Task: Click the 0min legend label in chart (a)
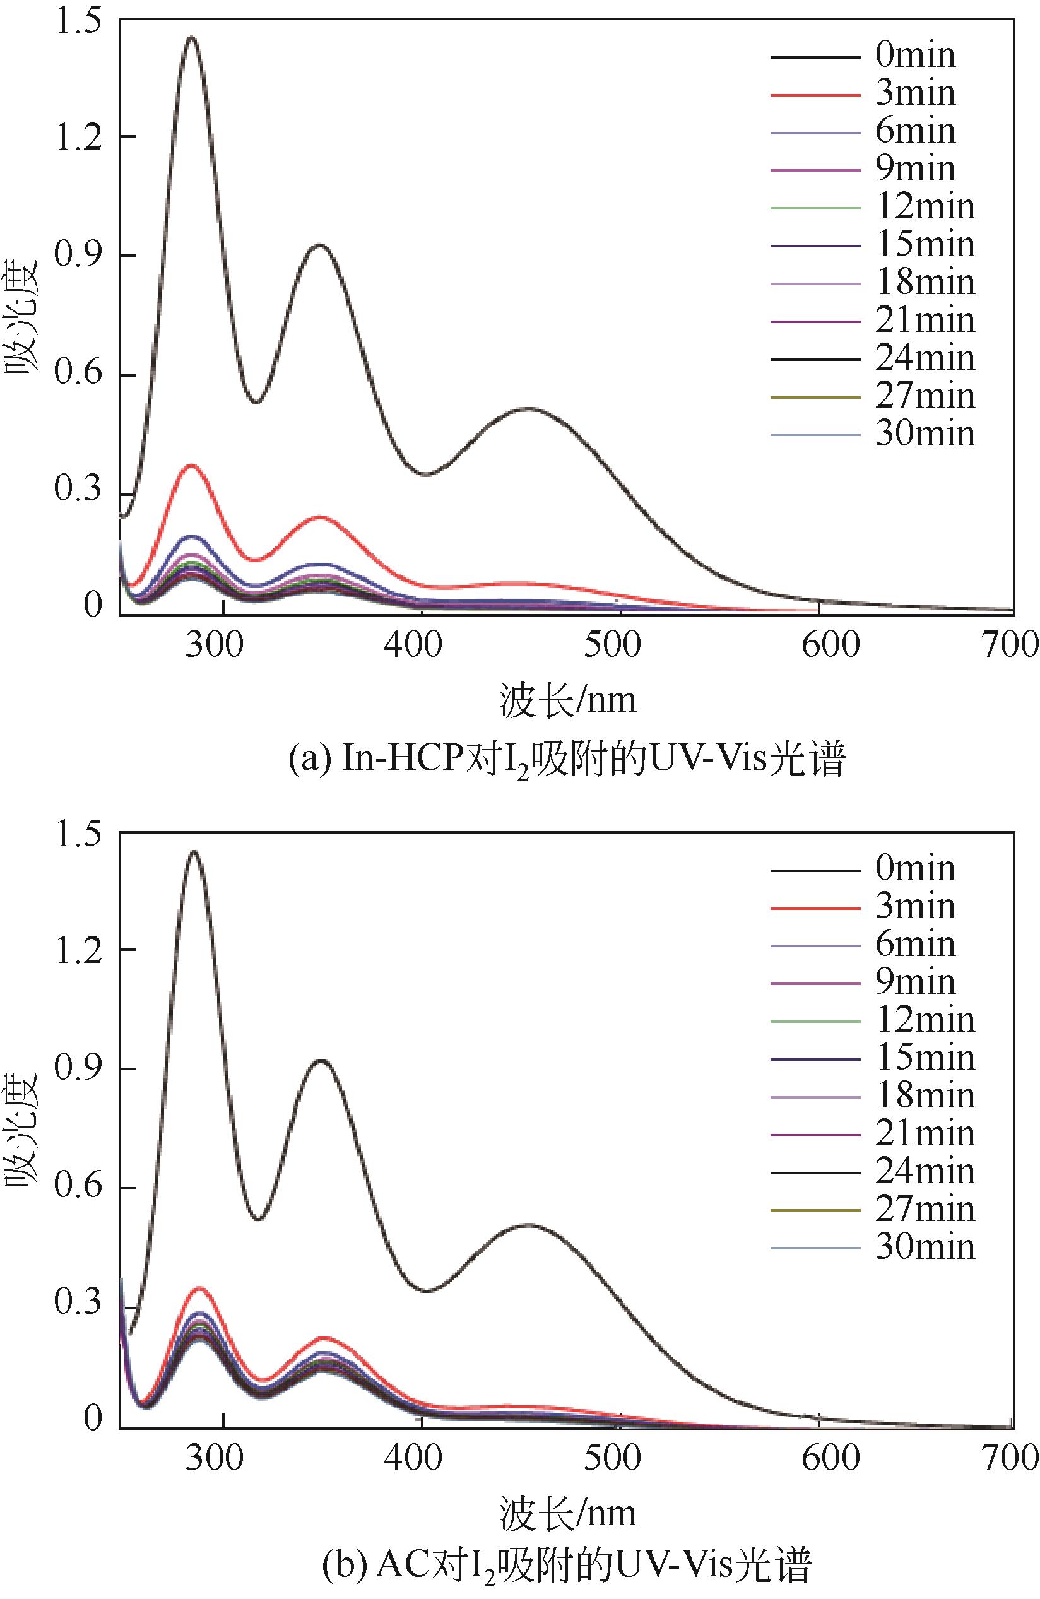coord(914,55)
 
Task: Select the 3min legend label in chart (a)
coord(914,93)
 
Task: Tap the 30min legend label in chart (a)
coord(925,434)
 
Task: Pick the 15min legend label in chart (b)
coord(925,1058)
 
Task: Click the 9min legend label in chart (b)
coord(914,982)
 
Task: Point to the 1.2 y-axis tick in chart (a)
coord(79,137)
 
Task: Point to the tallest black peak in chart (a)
coord(191,38)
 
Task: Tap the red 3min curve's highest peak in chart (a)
coord(192,465)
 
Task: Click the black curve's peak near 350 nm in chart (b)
coord(321,1060)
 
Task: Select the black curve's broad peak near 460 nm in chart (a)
coord(529,408)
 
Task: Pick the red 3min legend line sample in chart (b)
coord(815,908)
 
